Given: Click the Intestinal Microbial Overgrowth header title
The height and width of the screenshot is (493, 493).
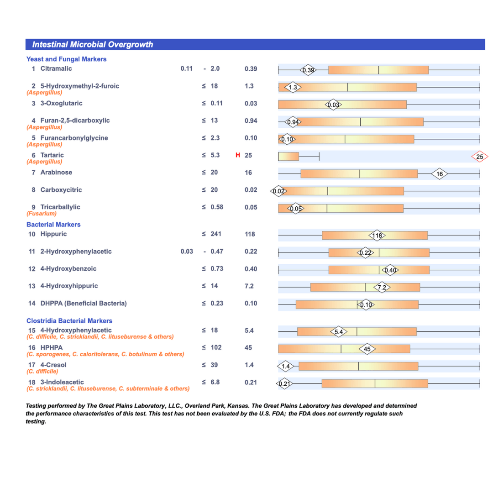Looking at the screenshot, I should tap(93, 44).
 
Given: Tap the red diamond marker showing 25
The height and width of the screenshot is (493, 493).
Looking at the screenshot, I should tap(479, 157).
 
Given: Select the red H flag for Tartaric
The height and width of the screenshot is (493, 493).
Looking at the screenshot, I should tap(237, 155).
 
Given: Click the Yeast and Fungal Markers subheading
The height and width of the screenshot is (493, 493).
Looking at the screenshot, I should tap(66, 59).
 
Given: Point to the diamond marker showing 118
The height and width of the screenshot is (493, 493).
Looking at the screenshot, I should tap(377, 236).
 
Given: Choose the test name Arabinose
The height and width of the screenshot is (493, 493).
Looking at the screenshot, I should tap(56, 173).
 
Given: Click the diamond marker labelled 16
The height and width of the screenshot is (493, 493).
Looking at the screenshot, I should tap(440, 174).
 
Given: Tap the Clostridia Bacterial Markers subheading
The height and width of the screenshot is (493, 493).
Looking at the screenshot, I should tap(69, 321).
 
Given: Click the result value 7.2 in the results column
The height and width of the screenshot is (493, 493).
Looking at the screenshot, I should tap(249, 286).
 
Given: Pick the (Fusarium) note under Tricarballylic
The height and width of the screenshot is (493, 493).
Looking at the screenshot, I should tap(42, 213).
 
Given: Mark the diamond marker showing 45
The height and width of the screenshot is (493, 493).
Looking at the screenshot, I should tap(368, 349).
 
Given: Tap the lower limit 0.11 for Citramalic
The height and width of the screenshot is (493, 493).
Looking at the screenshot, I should tap(187, 69).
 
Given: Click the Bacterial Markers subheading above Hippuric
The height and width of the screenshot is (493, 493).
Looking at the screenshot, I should tap(53, 225).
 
